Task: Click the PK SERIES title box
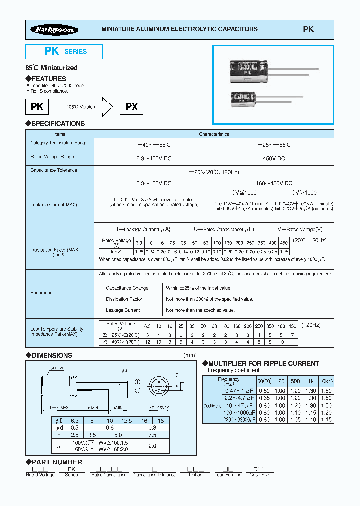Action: [64, 51]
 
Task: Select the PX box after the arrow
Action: [131, 107]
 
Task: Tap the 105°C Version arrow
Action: [83, 107]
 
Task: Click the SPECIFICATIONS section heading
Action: [55, 123]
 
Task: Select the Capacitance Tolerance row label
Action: [54, 170]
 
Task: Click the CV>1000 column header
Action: [304, 192]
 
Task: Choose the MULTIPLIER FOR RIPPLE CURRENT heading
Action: [263, 363]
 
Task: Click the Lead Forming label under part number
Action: [226, 475]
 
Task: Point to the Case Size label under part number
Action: [260, 475]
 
